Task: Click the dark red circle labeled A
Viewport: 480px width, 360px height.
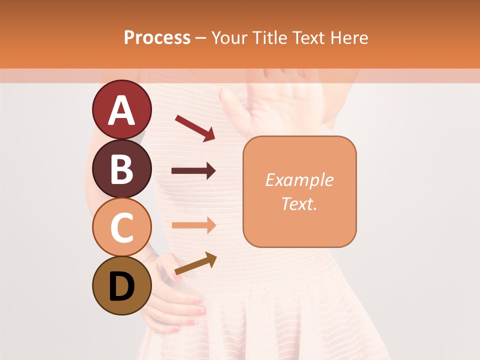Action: click(121, 110)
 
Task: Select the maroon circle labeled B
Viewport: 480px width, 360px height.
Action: click(121, 169)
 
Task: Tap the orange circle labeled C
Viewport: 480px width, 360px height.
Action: click(121, 227)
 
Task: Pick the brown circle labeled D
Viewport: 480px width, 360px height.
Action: click(121, 285)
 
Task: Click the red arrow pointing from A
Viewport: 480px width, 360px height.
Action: click(195, 128)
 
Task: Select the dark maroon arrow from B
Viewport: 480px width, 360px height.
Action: click(193, 171)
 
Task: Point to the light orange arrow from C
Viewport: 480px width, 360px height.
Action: click(193, 225)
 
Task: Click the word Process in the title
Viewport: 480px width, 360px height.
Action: click(157, 38)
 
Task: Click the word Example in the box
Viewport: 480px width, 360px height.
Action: click(299, 180)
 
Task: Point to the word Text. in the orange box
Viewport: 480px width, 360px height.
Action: click(299, 203)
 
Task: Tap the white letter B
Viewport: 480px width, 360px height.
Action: click(121, 169)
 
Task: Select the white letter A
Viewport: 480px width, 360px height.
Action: click(121, 110)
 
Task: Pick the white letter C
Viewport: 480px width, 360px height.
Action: click(121, 227)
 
